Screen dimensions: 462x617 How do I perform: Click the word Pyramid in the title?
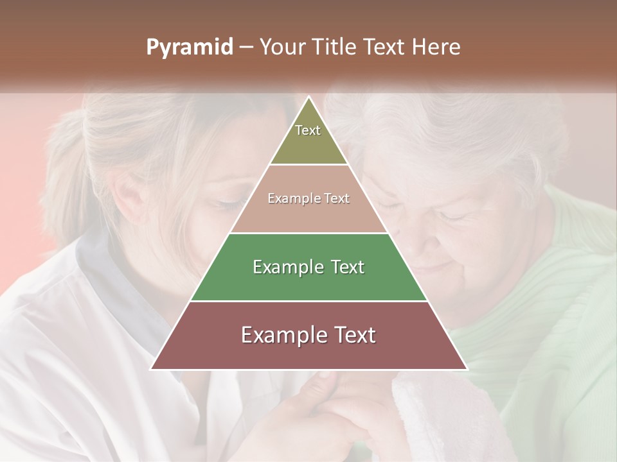tap(189, 47)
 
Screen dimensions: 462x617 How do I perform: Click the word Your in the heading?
tap(285, 47)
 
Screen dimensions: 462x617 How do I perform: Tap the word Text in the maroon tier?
tap(350, 335)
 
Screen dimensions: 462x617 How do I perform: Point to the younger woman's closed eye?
tap(226, 203)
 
